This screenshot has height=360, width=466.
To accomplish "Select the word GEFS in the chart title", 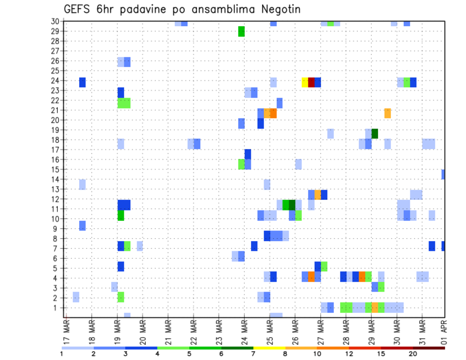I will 80,9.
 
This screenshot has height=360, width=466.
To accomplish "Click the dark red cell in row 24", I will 311,82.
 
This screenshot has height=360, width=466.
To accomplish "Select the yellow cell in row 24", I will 305,82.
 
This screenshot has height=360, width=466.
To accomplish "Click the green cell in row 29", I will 241,32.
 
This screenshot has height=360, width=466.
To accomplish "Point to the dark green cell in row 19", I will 375,133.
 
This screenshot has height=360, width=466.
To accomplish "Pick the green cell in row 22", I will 124,103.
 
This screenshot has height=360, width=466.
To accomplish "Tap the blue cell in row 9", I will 83,226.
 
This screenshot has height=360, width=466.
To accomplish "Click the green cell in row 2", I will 121,297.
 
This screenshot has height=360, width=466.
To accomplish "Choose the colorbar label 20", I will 413,354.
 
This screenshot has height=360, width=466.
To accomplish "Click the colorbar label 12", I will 349,354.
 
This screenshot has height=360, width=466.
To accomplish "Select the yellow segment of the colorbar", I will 269,348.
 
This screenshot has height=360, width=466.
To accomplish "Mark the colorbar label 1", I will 62,354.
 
